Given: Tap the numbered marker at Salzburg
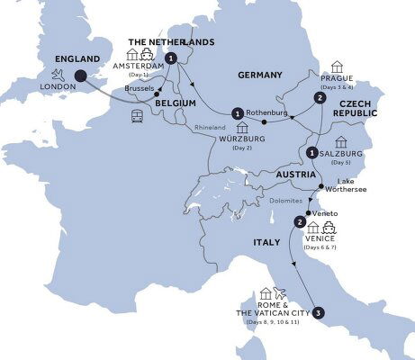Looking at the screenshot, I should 311,152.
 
